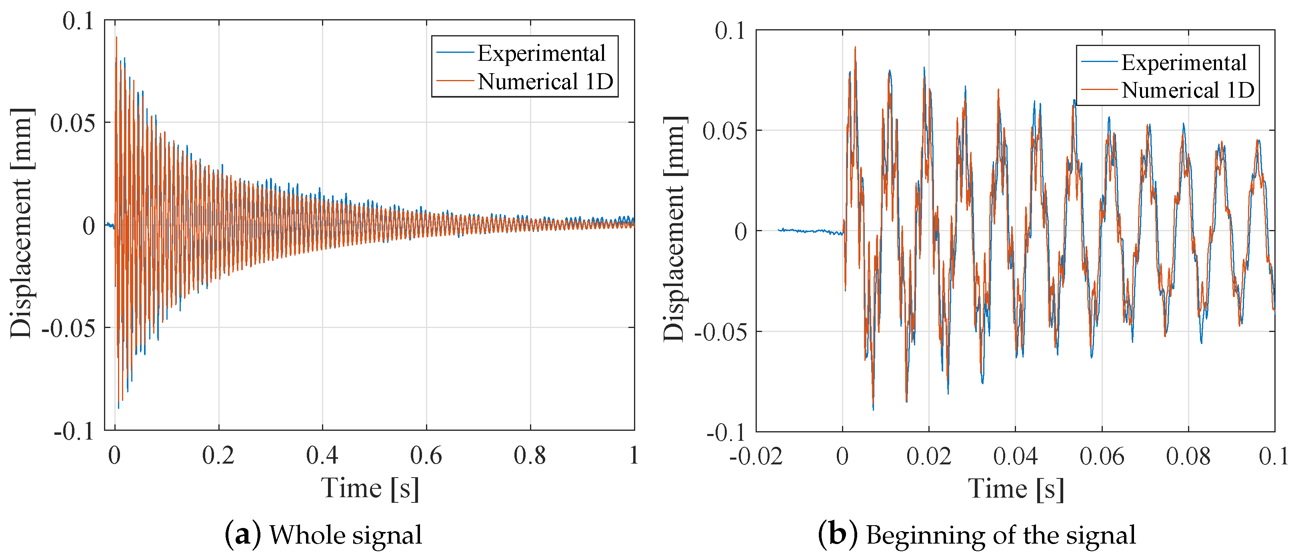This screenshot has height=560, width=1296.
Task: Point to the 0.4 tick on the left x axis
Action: click(x=322, y=455)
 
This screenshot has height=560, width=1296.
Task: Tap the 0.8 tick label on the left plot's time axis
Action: click(x=530, y=455)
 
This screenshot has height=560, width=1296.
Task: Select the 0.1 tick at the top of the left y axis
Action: click(x=78, y=21)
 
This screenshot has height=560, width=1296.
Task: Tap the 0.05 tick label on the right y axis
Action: click(x=725, y=131)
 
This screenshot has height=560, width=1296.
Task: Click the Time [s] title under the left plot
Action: click(x=370, y=488)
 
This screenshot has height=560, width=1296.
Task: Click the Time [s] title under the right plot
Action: click(x=1016, y=488)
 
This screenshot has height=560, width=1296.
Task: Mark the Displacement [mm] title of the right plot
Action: click(x=674, y=229)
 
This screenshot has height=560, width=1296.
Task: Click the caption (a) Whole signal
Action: click(x=323, y=535)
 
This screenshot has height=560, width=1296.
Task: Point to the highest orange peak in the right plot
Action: click(x=855, y=48)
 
